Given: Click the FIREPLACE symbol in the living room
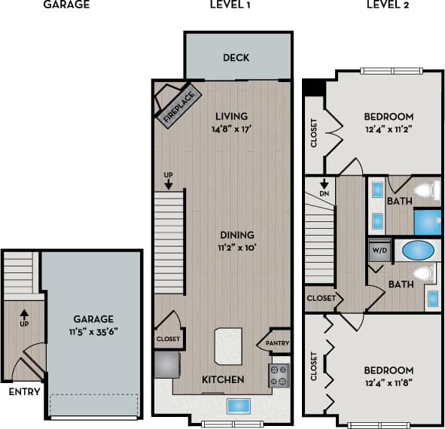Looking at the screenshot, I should click(x=175, y=105).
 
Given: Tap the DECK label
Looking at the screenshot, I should click(x=236, y=58).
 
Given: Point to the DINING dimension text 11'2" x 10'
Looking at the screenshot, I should click(x=236, y=248).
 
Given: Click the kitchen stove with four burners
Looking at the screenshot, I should click(x=279, y=375).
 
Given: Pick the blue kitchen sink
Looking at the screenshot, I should click(x=239, y=405).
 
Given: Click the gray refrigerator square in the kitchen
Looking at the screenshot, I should click(x=166, y=366).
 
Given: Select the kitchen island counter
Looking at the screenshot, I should click(x=233, y=349).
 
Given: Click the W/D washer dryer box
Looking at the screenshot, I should click(x=379, y=251).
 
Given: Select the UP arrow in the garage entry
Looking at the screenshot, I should click(x=23, y=315).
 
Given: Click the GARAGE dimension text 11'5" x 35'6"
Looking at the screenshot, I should click(x=93, y=330).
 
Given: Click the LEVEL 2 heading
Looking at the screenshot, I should click(x=388, y=5).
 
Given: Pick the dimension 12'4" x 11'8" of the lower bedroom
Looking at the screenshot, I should click(x=389, y=383).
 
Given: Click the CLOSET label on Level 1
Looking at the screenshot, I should click(x=168, y=339).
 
